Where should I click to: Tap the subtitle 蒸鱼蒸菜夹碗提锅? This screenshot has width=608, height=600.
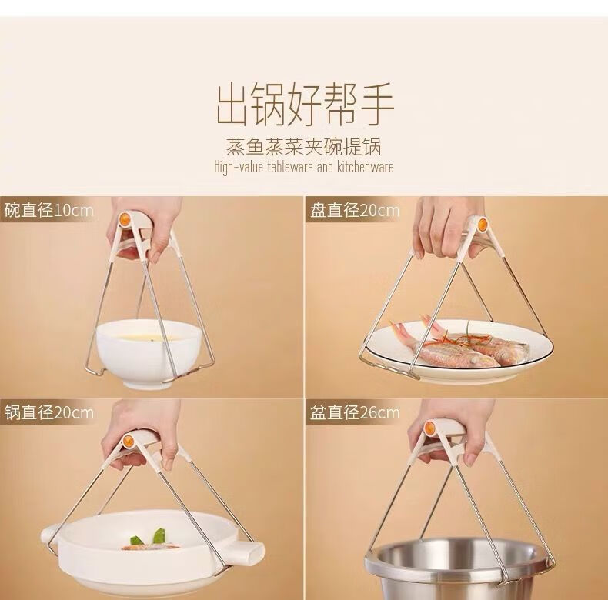coord(304,147)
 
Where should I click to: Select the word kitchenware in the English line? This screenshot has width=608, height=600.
coord(365,168)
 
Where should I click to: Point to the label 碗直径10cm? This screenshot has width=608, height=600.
coord(48,211)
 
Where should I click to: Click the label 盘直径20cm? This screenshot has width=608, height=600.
coord(354,211)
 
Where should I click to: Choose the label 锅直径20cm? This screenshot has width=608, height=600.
coord(48,413)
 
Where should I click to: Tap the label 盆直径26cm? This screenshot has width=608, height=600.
coord(354,413)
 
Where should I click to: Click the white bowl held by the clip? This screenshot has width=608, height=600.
coord(149,354)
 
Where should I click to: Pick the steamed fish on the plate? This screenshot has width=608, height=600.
coord(462,343)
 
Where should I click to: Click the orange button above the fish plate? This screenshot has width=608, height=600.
coord(482,225)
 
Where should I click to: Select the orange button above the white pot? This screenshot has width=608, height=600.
coord(128,441)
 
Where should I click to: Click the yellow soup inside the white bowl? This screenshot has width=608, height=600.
coord(149,336)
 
